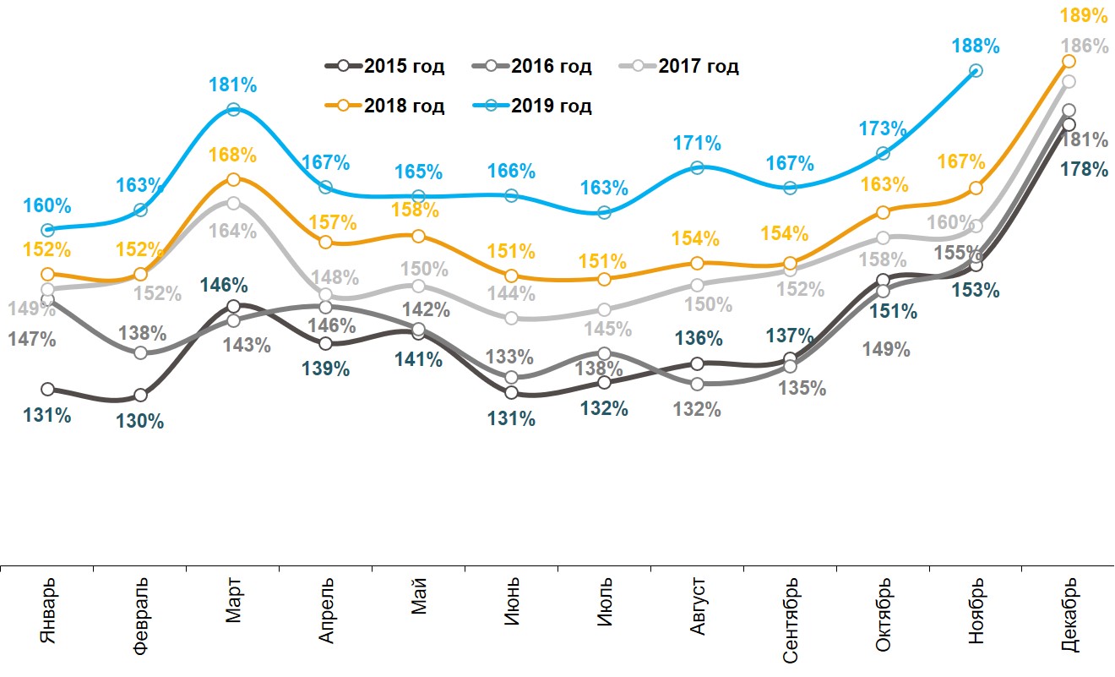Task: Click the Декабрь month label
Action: tap(1069, 615)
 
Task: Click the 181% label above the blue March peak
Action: tap(233, 85)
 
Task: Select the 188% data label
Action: tap(976, 46)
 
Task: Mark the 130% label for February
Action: tap(140, 420)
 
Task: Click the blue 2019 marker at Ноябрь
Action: tap(976, 71)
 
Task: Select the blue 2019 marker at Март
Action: tap(233, 110)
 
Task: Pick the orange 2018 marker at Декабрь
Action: tap(1069, 61)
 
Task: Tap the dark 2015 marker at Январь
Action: tap(48, 390)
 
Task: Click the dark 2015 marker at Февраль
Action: tap(140, 396)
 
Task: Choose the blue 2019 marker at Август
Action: tap(697, 167)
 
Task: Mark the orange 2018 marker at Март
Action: tap(233, 179)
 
